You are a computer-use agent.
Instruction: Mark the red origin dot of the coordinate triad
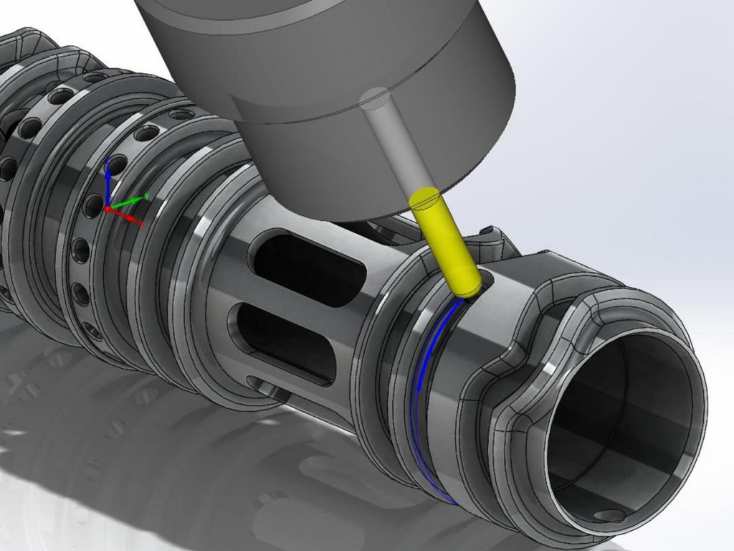108,209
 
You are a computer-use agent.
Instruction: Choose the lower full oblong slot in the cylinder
287,337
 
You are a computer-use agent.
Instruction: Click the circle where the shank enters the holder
375,96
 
